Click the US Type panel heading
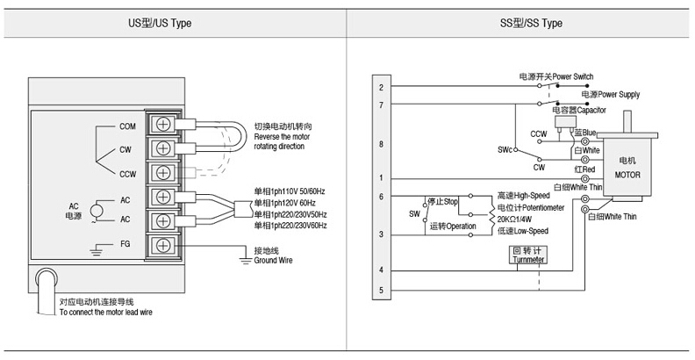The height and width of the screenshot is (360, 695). tap(160, 23)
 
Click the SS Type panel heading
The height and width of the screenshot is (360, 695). tap(531, 23)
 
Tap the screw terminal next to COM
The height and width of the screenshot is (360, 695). tap(162, 125)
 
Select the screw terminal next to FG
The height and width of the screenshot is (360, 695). tap(162, 245)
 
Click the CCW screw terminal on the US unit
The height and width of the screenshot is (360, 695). tap(162, 172)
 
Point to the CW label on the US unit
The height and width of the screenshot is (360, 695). tap(125, 150)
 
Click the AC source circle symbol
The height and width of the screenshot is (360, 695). tap(97, 211)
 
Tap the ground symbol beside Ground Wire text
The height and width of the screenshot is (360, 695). tap(246, 259)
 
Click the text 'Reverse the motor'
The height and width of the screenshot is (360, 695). tap(282, 137)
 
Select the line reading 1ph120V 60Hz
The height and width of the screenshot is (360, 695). tap(284, 203)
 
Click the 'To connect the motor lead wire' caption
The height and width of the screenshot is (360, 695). tap(105, 312)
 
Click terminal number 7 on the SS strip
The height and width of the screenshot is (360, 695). tap(381, 105)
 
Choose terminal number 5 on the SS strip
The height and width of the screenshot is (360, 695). tap(381, 291)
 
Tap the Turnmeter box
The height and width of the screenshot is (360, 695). tap(528, 255)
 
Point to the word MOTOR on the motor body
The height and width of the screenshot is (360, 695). tap(627, 175)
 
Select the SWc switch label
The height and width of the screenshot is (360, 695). tap(505, 150)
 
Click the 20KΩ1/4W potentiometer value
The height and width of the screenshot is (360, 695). tap(514, 219)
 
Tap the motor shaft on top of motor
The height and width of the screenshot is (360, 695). tap(628, 121)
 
